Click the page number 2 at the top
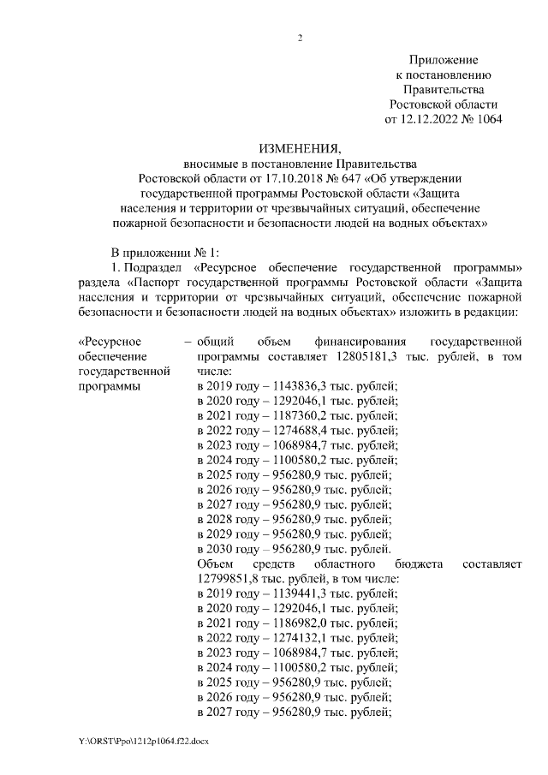[x=301, y=38]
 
